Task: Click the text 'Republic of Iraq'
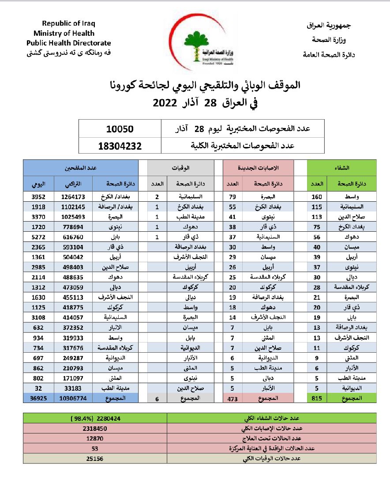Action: click(x=68, y=23)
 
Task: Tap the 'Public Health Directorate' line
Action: click(x=68, y=43)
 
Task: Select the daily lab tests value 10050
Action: click(x=120, y=129)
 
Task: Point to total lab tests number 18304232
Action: click(x=120, y=146)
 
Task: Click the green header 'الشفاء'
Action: click(x=342, y=168)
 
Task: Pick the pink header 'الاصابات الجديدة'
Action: click(x=259, y=168)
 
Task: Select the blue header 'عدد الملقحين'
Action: click(x=80, y=168)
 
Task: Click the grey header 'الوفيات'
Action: click(x=181, y=168)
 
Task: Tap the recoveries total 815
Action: click(x=317, y=398)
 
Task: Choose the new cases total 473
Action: click(x=232, y=398)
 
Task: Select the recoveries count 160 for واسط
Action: click(x=317, y=197)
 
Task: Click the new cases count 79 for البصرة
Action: click(x=232, y=197)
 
